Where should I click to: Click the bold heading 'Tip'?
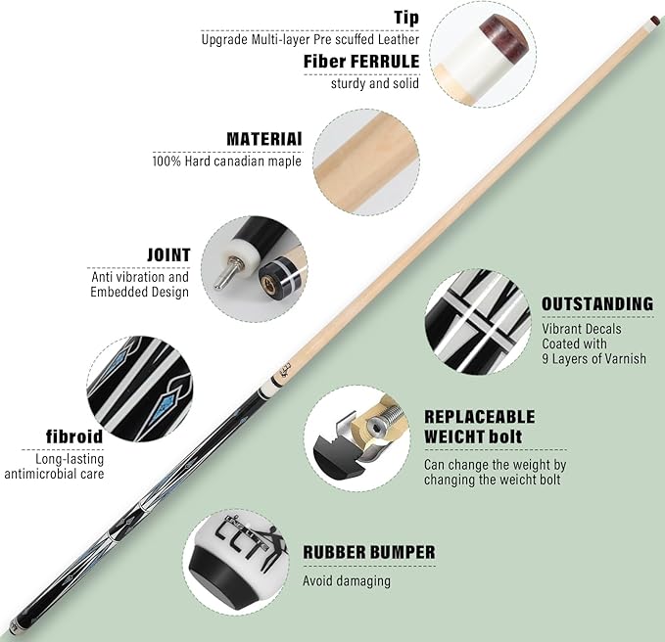(406, 18)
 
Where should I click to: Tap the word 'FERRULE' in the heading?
(384, 62)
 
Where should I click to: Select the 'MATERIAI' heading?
(264, 139)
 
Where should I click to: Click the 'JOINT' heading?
(168, 255)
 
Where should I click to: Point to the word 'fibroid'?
(74, 436)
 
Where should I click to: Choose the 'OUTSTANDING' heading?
(597, 303)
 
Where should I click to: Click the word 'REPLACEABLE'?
(479, 417)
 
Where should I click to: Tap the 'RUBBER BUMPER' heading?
(369, 552)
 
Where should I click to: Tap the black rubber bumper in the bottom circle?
(222, 573)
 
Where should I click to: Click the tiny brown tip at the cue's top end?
(652, 19)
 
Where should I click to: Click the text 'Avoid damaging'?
(347, 580)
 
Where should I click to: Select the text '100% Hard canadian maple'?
(227, 161)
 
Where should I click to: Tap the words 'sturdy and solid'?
(375, 83)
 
